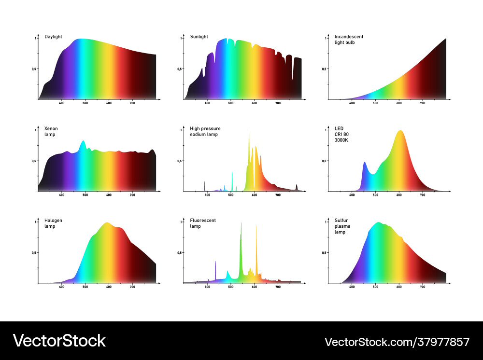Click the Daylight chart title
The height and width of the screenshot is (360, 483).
click(x=53, y=37)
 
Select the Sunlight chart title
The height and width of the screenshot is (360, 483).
click(x=199, y=37)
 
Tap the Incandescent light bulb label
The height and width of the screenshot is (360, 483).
click(x=349, y=40)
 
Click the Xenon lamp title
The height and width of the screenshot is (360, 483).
click(x=51, y=131)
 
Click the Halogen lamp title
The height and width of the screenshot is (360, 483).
click(x=53, y=223)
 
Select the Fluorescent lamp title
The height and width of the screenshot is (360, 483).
click(x=203, y=223)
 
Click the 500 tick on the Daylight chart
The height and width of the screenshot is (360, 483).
click(x=85, y=103)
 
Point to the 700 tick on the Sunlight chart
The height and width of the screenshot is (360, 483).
click(x=278, y=103)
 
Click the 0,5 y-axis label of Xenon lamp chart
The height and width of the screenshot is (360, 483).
click(x=34, y=161)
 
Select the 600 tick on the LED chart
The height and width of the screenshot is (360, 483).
click(x=399, y=194)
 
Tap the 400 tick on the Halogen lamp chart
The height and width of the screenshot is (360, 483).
click(x=62, y=287)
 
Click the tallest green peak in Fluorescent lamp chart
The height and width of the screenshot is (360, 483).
click(x=241, y=227)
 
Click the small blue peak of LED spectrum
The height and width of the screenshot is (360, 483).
click(x=365, y=164)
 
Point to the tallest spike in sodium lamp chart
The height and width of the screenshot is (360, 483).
click(x=249, y=133)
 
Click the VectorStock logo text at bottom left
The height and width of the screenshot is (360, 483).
click(x=59, y=341)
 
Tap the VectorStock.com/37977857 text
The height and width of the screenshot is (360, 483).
click(x=397, y=342)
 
